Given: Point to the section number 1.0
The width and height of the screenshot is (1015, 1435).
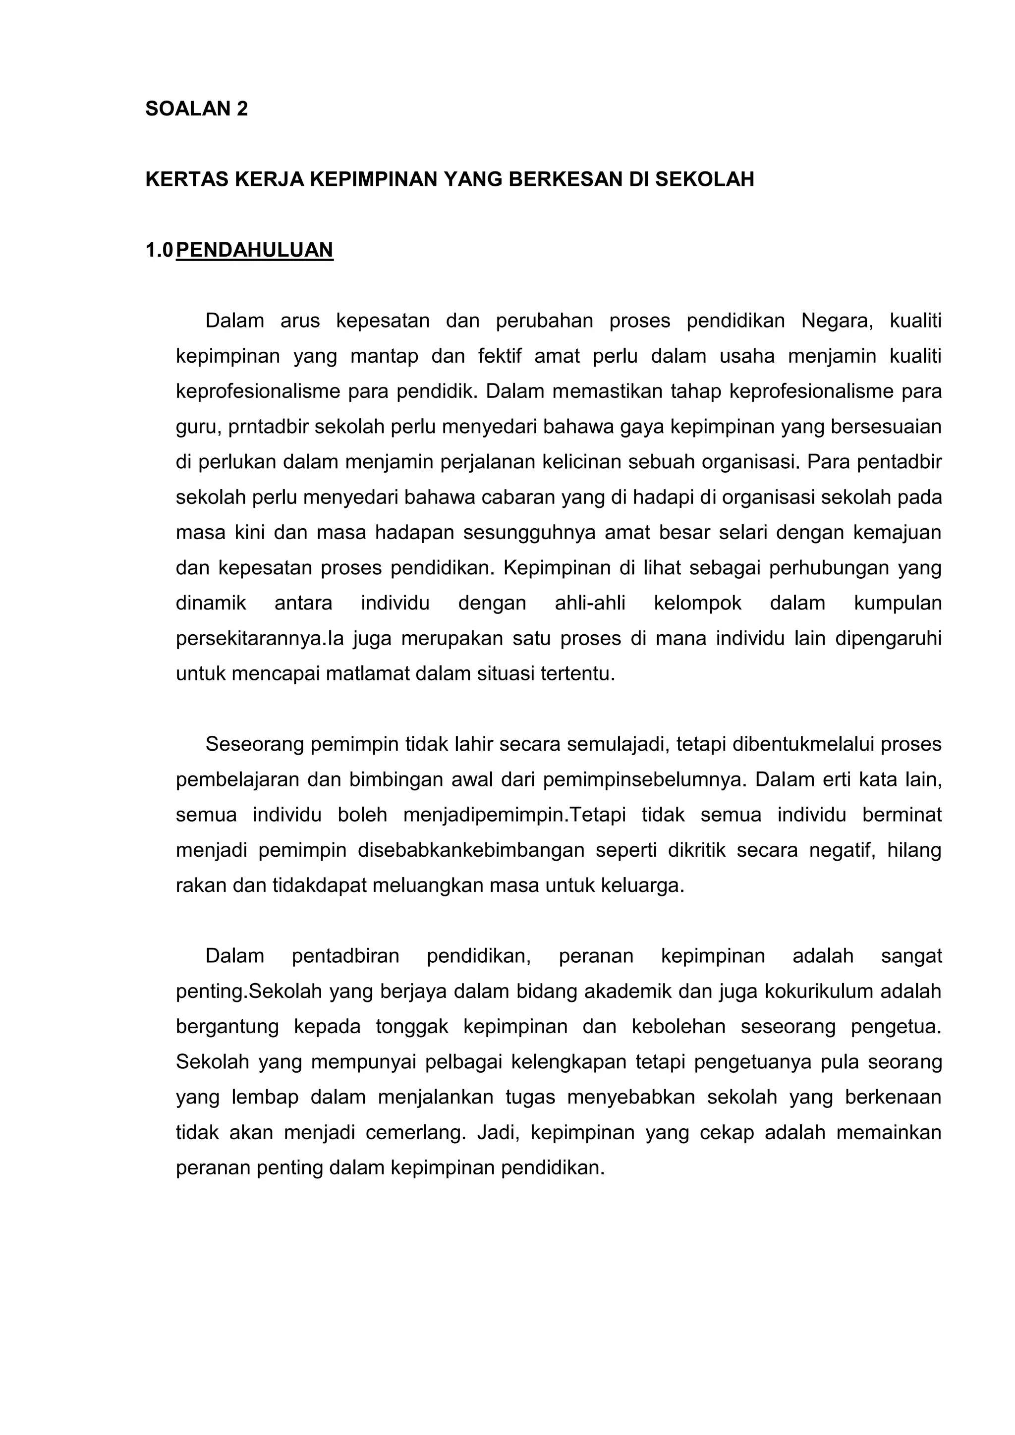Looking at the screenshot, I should (159, 250).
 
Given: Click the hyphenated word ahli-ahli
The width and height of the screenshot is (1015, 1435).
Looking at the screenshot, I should (589, 604).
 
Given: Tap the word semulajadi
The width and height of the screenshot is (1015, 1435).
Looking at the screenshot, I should (603, 744).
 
